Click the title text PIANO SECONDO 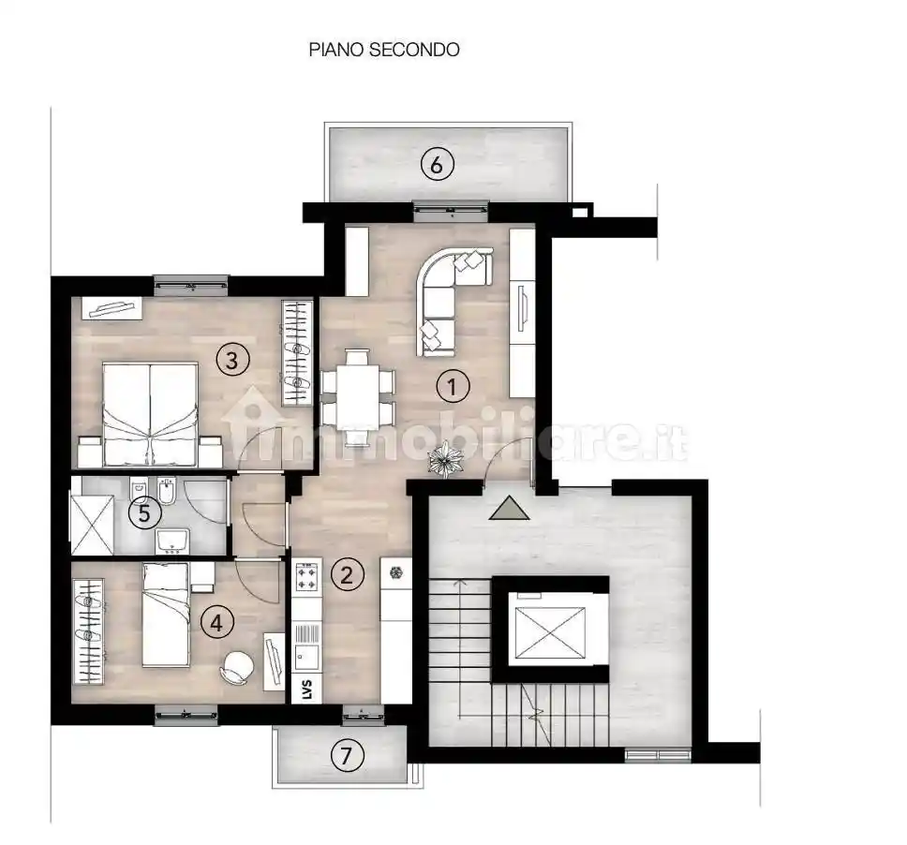click(x=384, y=50)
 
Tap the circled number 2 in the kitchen click(x=348, y=574)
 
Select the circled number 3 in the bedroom click(x=231, y=357)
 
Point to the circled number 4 click(x=217, y=623)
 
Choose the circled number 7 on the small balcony click(x=348, y=756)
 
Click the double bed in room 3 click(x=150, y=414)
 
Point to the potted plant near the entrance click(x=444, y=459)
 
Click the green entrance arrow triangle click(x=509, y=508)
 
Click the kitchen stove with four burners click(x=307, y=577)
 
